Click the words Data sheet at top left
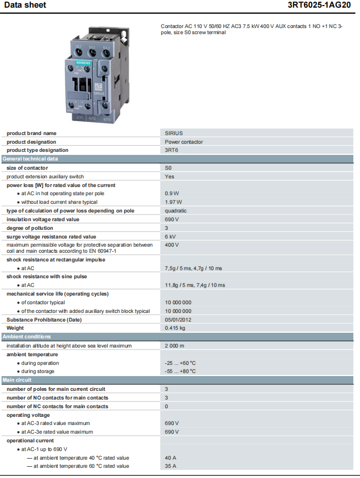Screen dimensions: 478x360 click(25, 5)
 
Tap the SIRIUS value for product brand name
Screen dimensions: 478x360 click(174, 134)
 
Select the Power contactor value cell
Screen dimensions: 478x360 click(184, 142)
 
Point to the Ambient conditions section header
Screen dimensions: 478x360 click(26, 337)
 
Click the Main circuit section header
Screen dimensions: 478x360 click(17, 380)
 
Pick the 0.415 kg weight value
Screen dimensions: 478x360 click(175, 328)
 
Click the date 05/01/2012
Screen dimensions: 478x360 click(178, 320)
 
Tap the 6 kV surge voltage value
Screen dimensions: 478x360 click(171, 236)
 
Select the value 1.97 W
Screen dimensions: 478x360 click(173, 202)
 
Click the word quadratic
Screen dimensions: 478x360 click(176, 210)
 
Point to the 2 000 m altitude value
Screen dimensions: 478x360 click(174, 346)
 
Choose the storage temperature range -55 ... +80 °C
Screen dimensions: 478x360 click(180, 371)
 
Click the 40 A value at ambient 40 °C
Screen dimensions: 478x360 click(171, 458)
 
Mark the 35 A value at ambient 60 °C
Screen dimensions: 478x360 click(171, 466)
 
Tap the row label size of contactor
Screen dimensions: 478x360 click(27, 168)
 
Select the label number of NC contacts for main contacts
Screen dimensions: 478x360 click(58, 406)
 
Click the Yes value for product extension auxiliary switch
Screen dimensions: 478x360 click(170, 176)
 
